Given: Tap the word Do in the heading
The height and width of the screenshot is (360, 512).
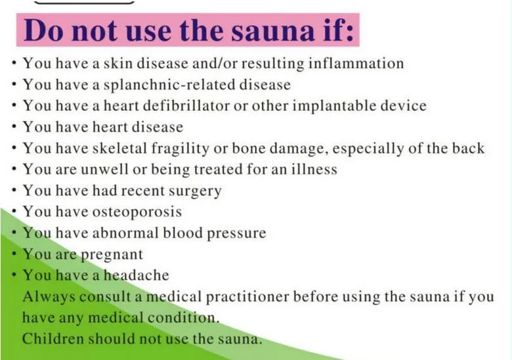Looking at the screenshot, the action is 43,30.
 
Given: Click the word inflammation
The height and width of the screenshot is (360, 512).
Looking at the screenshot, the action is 356,62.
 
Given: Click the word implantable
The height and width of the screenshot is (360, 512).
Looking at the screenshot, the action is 334,106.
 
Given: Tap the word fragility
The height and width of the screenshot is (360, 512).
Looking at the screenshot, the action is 180,148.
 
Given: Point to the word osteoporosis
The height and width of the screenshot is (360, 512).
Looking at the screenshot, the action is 137,212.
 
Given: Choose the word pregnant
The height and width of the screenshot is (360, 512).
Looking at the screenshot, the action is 112,255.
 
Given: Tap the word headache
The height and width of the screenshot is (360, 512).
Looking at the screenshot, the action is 137,275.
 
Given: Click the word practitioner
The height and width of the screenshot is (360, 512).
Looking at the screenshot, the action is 247,297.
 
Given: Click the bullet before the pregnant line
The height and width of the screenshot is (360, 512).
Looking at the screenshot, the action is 14,254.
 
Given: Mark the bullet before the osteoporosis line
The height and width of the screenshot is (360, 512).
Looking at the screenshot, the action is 14,211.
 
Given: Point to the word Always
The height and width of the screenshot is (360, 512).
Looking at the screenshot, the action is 49,297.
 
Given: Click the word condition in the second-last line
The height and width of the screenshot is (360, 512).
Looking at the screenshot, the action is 183,317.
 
